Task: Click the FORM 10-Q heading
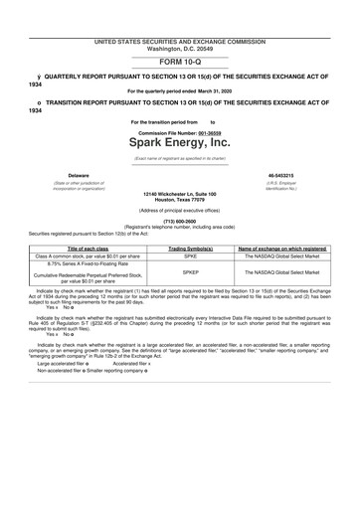179,63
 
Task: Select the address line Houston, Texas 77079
179,201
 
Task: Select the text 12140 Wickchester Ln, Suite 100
179,194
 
